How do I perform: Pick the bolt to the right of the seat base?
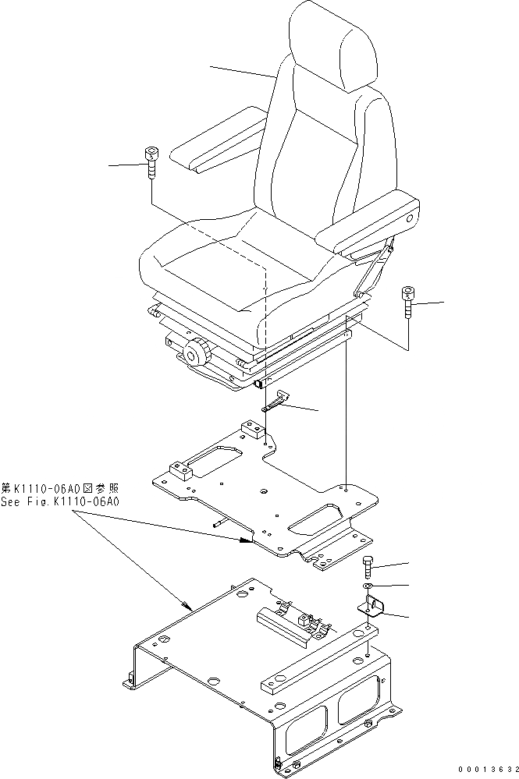coord(407,303)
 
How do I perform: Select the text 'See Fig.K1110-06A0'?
coord(60,503)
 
